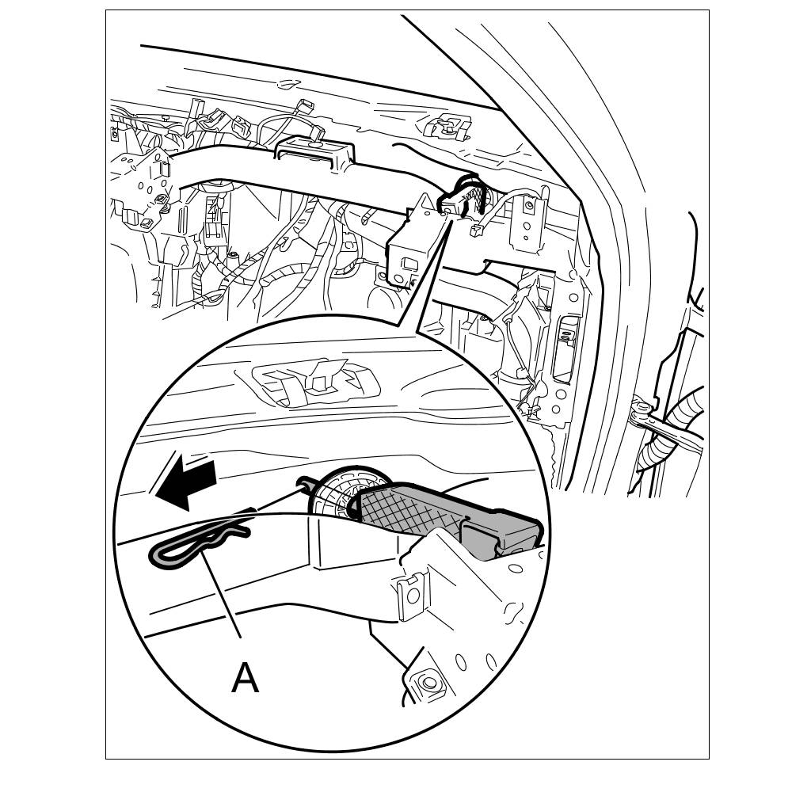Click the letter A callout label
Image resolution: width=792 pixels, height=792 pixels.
[245, 679]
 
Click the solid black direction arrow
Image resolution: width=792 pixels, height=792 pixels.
[186, 481]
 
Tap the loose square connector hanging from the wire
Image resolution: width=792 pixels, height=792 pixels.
[474, 231]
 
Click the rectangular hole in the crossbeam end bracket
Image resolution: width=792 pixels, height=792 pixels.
[409, 263]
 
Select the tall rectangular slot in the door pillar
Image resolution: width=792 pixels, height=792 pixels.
[567, 348]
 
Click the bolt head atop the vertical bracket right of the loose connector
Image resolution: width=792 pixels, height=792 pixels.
[528, 206]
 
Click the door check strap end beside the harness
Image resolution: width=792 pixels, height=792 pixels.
[641, 407]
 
